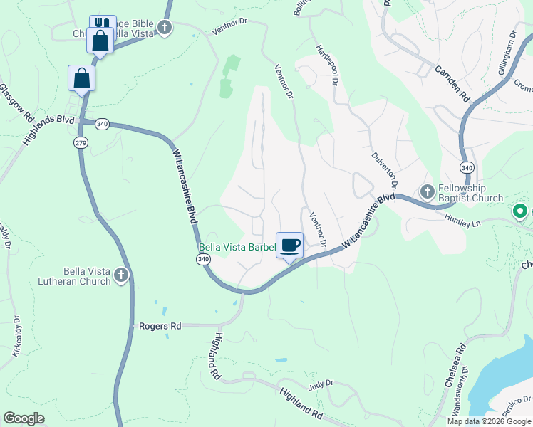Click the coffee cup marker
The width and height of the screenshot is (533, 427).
coord(289,246)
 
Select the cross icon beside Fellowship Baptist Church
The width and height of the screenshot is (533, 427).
coord(428,191)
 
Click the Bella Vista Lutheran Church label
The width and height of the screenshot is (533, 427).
coord(77,276)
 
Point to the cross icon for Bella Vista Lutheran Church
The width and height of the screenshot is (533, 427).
coord(121,275)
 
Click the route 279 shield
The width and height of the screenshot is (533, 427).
coord(78,143)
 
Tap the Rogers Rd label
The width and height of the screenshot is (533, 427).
coord(161,326)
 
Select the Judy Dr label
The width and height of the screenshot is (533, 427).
coord(321,385)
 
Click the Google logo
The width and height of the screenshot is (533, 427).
coord(24,418)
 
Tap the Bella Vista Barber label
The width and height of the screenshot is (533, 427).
coord(236,248)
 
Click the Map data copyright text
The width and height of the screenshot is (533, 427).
coord(489,421)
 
